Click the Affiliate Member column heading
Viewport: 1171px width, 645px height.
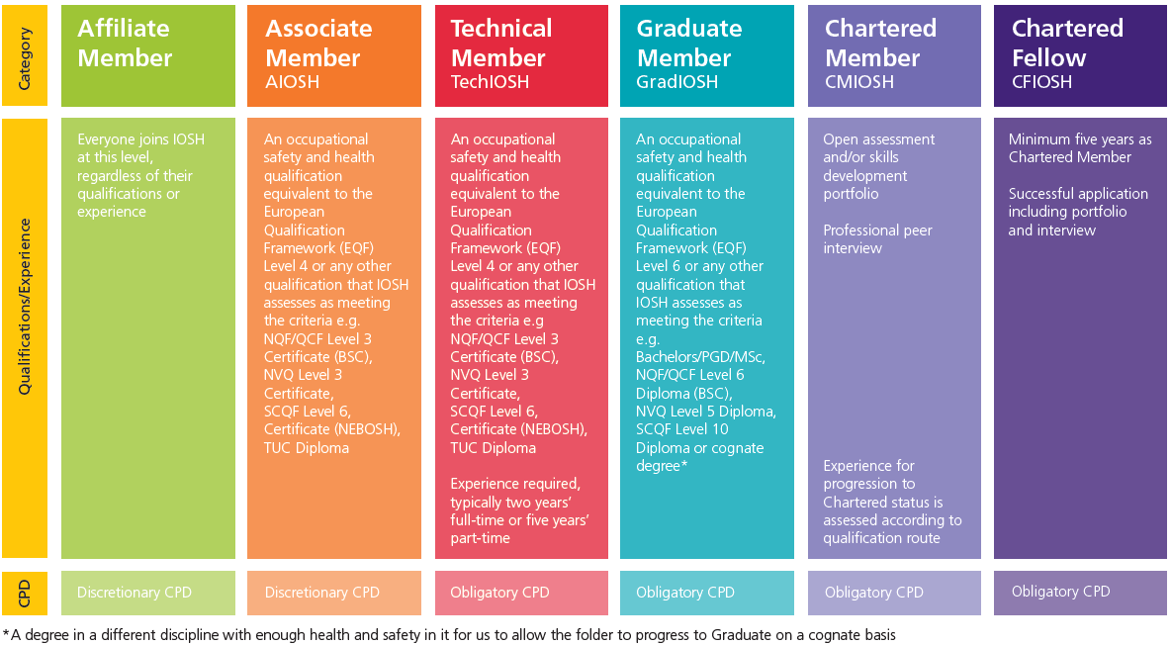(124, 44)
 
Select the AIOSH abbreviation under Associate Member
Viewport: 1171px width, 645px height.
(292, 83)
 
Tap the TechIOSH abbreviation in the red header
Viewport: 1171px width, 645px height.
(490, 83)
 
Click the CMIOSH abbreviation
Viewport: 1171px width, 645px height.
(858, 83)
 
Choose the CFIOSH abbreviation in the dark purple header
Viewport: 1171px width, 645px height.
(1041, 83)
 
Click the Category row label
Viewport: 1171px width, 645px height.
(25, 55)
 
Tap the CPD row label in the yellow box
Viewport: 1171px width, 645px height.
(25, 593)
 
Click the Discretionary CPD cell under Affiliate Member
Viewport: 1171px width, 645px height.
(135, 593)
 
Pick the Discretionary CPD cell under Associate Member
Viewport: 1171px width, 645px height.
(321, 593)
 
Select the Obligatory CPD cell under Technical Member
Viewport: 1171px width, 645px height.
(499, 593)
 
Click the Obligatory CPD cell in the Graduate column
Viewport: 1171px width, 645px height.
(685, 593)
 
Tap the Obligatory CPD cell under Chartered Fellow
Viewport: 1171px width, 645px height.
(1060, 592)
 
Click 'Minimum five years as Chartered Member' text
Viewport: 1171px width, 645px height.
(1079, 148)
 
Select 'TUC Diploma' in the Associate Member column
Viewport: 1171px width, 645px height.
(306, 448)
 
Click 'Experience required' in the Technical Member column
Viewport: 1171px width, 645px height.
(514, 484)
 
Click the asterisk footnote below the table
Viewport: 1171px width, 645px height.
(450, 635)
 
